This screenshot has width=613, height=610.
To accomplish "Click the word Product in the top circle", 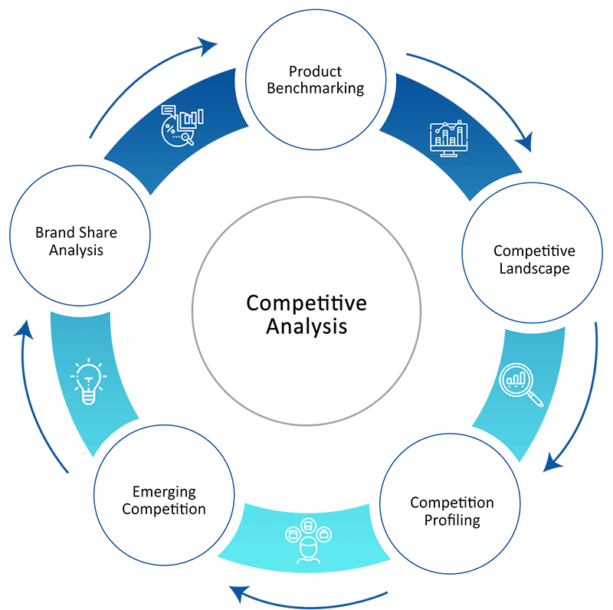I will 315,72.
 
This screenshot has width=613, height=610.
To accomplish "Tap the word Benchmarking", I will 315,88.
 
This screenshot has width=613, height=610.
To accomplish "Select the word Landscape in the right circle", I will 534,268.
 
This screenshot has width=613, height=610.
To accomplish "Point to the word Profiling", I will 452,520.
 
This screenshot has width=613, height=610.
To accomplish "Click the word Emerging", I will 164,492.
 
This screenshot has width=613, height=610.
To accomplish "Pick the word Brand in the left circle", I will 54,232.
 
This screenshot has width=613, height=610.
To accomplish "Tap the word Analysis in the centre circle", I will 306,326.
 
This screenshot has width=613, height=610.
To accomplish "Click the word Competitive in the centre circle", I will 306,303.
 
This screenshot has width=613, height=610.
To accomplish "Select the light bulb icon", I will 87,381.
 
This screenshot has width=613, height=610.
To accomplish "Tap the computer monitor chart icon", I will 448,139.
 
